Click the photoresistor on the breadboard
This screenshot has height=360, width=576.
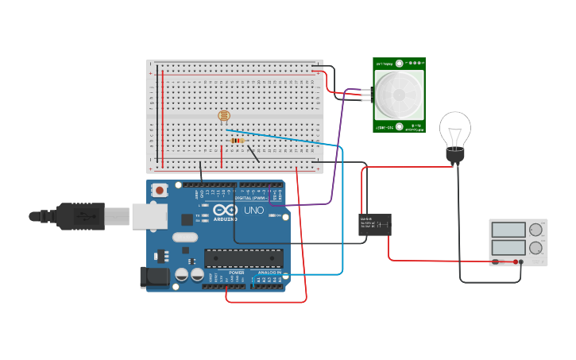click(x=225, y=116)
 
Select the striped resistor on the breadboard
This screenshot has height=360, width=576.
click(x=237, y=141)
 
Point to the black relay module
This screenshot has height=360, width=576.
click(x=374, y=224)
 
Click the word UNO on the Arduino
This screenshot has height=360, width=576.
click(x=253, y=211)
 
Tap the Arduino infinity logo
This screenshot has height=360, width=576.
click(x=225, y=210)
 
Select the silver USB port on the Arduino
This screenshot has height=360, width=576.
click(x=150, y=215)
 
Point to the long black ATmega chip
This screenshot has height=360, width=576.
click(x=244, y=258)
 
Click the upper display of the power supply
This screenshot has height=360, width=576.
click(x=508, y=230)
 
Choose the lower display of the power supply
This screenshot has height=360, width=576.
click(x=508, y=247)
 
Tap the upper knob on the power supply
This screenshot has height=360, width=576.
click(x=536, y=230)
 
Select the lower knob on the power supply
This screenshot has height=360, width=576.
click(x=536, y=247)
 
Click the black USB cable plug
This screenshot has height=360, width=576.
click(x=79, y=215)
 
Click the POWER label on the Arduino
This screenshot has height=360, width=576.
click(x=237, y=273)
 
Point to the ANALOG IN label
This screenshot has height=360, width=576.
click(x=268, y=273)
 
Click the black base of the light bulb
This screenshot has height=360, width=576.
click(x=454, y=156)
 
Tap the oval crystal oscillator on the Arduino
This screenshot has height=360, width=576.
click(x=184, y=236)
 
